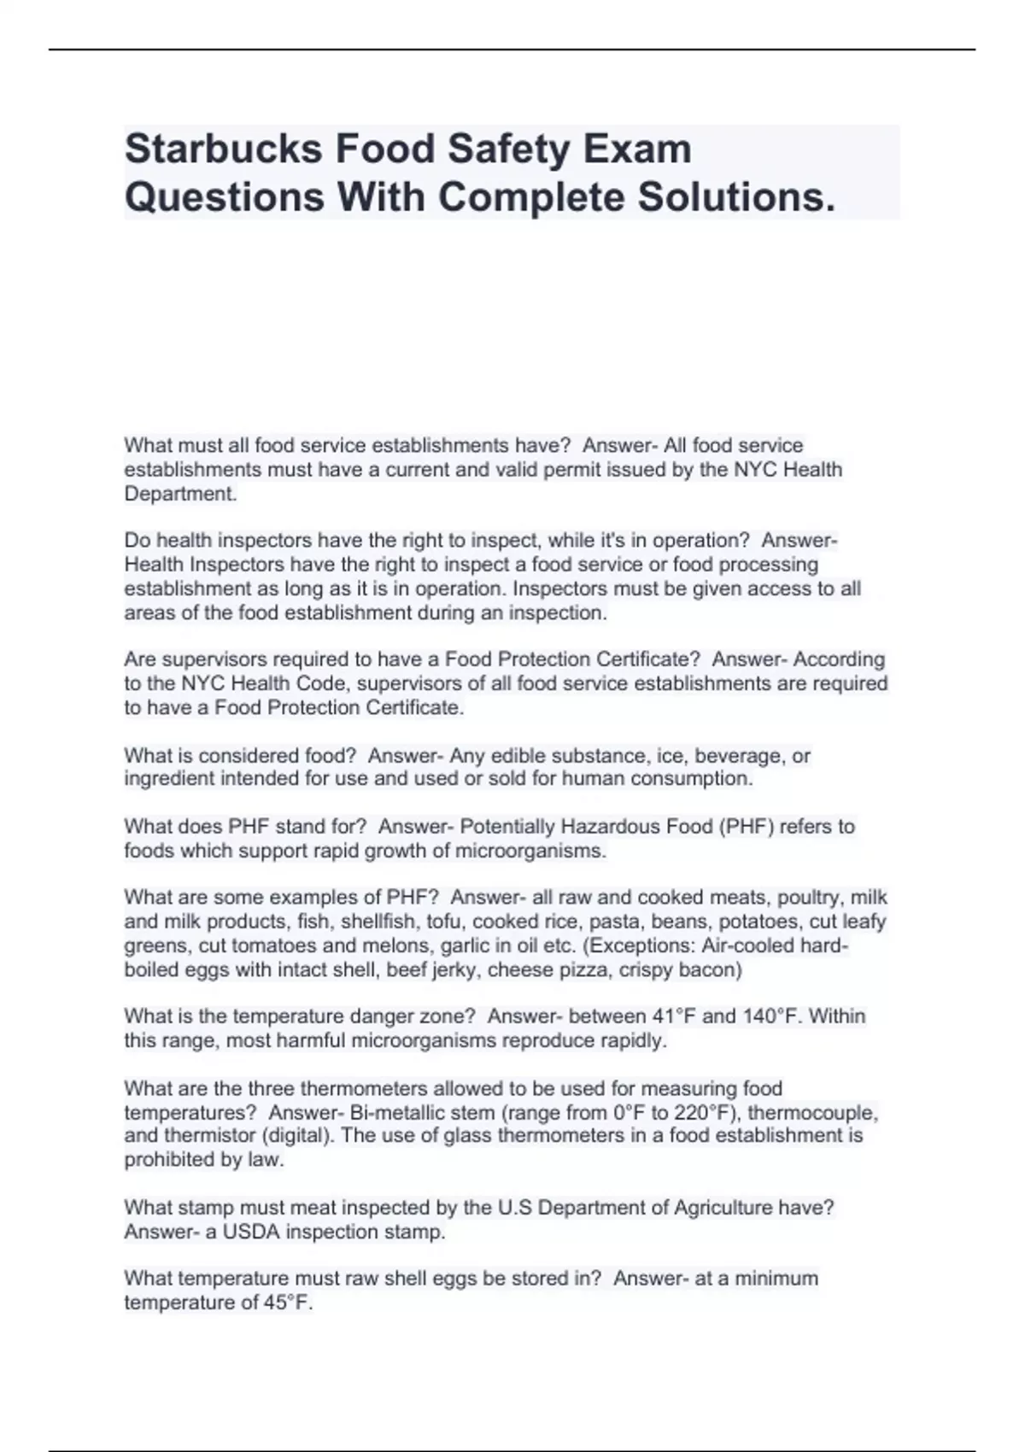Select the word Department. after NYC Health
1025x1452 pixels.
coord(180,494)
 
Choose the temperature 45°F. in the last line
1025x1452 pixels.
coord(289,1303)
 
